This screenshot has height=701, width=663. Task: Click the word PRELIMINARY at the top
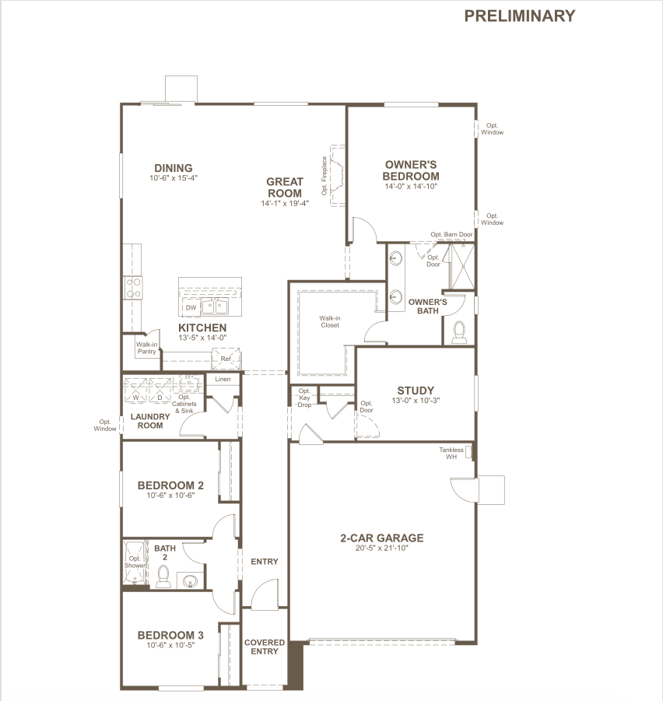520,16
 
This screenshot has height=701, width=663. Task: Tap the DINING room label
174,168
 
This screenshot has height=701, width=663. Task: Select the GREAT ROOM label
285,188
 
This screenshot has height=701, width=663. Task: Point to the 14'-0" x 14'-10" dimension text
411,187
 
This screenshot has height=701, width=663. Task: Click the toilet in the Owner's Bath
458,332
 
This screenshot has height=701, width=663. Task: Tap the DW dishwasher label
191,307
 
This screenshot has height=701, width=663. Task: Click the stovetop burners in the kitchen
133,287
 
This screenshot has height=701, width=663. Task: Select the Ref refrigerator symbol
226,359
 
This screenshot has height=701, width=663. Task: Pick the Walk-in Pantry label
146,348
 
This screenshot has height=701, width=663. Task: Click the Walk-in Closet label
330,321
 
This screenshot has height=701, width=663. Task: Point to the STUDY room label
416,391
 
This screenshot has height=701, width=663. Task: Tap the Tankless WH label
451,454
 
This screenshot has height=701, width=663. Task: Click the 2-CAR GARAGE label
382,538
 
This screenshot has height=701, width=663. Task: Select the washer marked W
135,390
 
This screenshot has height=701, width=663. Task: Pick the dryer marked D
160,390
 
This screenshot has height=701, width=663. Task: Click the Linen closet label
223,379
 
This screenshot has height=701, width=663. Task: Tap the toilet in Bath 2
163,577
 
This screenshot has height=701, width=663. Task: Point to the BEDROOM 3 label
170,635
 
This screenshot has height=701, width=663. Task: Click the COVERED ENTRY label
265,647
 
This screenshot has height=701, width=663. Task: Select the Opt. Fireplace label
324,176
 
